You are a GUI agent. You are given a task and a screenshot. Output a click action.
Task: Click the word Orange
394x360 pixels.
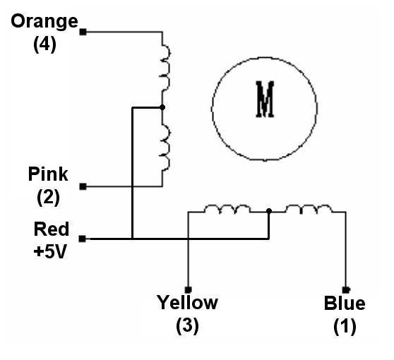point(44,23)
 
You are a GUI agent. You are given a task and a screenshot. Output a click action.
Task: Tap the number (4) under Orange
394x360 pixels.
point(44,44)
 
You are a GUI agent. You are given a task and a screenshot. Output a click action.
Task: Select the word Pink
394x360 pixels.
point(48,174)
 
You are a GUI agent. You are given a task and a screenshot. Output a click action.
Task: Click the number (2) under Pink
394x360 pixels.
point(48,197)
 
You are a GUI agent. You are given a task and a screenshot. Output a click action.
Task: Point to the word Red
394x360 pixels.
point(52,229)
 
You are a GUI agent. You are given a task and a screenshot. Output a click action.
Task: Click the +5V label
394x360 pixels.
point(50,251)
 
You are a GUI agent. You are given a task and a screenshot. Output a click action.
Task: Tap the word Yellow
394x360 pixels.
point(187,303)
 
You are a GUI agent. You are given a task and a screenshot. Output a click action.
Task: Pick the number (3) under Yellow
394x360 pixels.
point(187,326)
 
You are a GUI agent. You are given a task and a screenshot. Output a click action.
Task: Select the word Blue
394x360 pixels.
point(345,304)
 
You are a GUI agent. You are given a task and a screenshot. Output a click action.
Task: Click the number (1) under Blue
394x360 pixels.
point(345,326)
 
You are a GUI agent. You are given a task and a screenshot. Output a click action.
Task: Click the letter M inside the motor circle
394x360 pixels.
point(265,100)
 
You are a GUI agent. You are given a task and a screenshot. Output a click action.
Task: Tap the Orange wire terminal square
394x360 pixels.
point(83,32)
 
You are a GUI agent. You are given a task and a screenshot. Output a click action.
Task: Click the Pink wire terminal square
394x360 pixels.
point(83,186)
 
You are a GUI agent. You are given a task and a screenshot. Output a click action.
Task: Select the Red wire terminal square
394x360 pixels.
point(82,239)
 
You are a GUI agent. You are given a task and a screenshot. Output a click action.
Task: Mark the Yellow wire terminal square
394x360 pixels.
point(189,290)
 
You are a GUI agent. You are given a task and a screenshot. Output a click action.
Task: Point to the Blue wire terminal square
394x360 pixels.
point(346,290)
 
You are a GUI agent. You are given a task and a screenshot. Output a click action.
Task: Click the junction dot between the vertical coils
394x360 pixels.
point(162,107)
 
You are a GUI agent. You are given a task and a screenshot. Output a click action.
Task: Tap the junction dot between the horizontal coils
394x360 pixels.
point(269,211)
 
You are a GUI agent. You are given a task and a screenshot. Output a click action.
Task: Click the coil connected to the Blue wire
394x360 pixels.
point(309,208)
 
